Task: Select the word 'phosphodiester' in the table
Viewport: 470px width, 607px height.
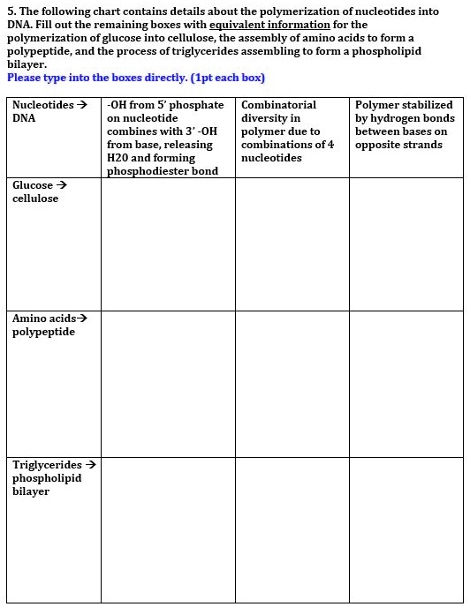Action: point(143,171)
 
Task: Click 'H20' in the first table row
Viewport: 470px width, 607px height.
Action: point(117,158)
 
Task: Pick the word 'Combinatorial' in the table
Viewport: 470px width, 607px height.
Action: point(278,105)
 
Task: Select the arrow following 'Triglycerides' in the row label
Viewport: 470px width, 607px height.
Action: point(90,465)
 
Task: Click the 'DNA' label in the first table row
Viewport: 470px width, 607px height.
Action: point(24,118)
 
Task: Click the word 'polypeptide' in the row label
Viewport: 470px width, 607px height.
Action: point(43,332)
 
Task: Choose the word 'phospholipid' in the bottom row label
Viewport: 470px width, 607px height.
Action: point(47,478)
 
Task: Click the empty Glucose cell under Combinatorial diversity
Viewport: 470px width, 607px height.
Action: point(292,244)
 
